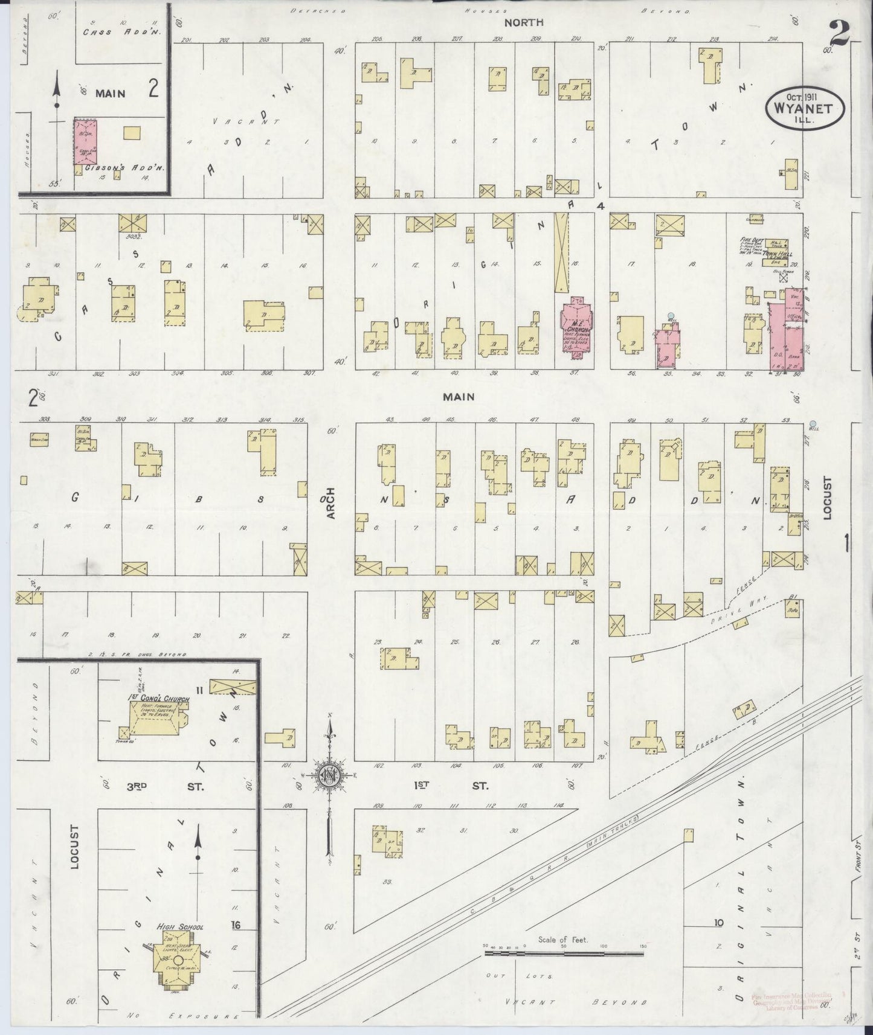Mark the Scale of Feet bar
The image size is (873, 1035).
click(565, 954)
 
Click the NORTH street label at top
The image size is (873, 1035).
click(524, 22)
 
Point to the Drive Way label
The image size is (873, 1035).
click(744, 607)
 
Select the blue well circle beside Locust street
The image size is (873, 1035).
click(813, 424)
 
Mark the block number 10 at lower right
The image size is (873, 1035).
click(718, 923)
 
